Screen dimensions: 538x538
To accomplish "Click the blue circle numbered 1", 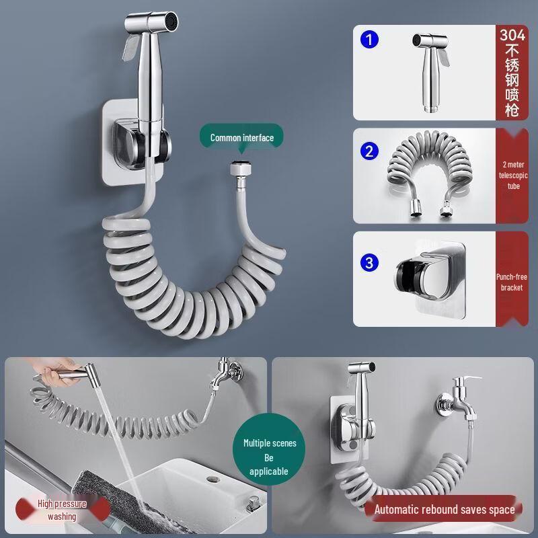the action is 369,40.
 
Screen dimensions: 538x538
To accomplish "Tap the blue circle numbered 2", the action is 369,151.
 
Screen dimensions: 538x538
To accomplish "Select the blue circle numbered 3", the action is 369,263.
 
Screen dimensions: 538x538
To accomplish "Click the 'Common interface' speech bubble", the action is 241,137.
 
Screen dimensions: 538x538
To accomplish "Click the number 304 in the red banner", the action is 512,35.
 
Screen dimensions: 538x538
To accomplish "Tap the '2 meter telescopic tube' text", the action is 513,176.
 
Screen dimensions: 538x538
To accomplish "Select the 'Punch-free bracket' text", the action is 512,282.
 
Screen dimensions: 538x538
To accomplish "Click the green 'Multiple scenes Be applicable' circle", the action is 268,449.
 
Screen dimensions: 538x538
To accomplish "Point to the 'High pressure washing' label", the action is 62,510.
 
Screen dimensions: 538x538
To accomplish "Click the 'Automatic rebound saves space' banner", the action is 445,509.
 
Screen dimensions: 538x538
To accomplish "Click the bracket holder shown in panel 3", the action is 430,278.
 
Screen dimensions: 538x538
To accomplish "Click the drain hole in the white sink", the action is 213,479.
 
